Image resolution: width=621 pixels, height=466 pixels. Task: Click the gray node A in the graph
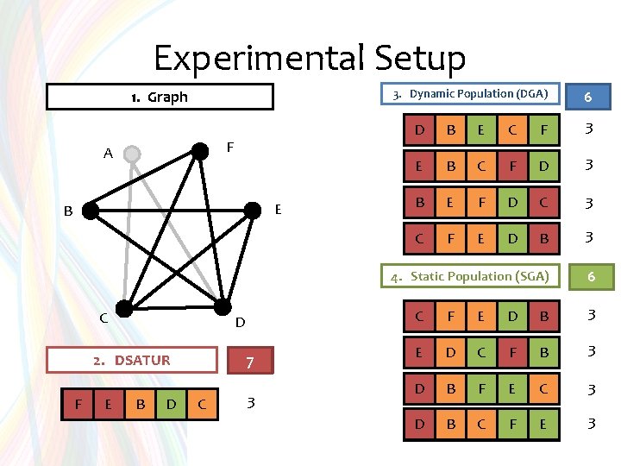tap(131, 154)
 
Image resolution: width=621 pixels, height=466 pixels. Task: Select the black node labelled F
tap(200, 152)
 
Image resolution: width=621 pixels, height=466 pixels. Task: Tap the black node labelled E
tap(253, 209)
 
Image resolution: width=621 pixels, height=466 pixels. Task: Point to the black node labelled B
tap(91, 209)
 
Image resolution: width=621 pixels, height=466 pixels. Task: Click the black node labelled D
tap(222, 307)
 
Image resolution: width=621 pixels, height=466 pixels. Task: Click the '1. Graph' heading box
tap(160, 97)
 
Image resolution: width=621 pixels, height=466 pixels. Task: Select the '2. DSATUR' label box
tap(132, 360)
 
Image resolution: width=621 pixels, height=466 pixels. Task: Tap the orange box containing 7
tap(248, 362)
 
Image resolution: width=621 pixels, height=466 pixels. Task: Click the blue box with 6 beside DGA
tap(587, 97)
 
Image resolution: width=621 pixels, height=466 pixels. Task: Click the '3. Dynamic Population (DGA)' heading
tap(471, 94)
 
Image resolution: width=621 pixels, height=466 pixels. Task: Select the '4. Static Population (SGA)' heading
tap(471, 276)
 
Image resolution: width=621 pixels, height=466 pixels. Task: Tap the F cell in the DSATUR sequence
tap(78, 403)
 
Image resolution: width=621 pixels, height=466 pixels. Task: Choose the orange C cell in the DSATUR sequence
tap(201, 403)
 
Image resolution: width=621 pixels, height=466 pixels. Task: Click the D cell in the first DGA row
tap(419, 131)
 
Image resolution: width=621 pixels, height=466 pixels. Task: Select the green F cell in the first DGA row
tap(543, 131)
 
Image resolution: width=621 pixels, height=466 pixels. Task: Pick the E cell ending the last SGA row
tap(543, 424)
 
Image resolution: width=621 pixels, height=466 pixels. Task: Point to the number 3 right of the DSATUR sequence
tap(250, 402)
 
